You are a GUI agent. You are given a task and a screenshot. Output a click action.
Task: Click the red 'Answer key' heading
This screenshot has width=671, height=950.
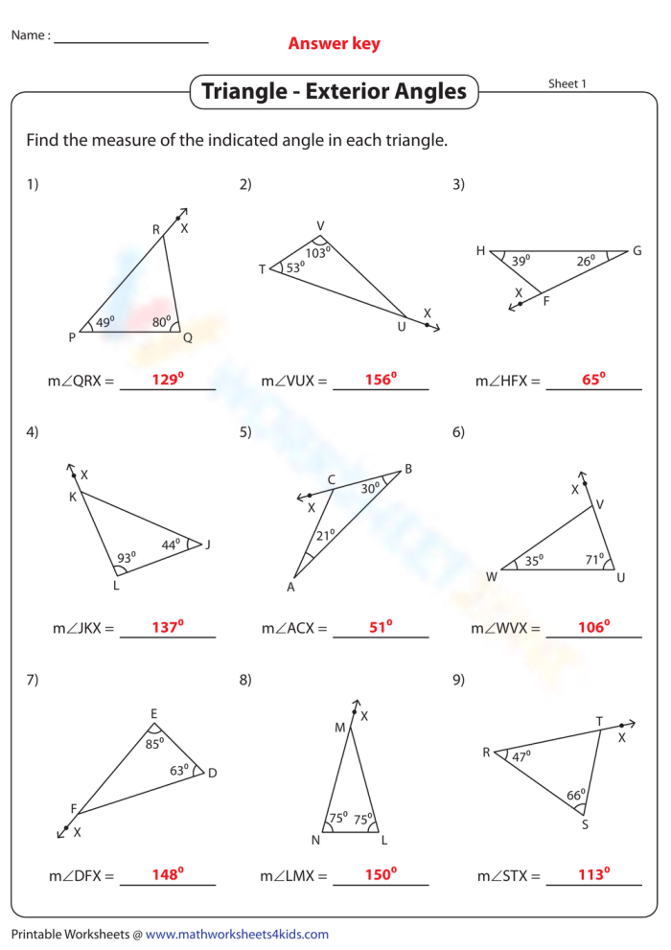[x=334, y=43]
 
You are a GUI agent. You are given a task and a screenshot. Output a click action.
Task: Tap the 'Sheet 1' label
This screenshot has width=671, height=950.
[x=567, y=83]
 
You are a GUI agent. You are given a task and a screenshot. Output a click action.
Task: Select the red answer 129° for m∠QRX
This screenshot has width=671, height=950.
[x=167, y=380]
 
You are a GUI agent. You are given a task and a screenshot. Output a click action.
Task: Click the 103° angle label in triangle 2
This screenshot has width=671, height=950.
[x=317, y=253]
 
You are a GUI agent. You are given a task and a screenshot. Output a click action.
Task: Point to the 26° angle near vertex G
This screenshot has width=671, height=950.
[x=586, y=259]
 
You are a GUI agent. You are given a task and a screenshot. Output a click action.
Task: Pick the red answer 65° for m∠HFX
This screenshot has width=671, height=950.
[x=593, y=380]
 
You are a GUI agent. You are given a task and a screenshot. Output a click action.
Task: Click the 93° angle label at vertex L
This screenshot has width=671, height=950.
[x=127, y=556]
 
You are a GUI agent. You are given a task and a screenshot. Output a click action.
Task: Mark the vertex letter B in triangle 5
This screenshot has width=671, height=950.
[x=408, y=469]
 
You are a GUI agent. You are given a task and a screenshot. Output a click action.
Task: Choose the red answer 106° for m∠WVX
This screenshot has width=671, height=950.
[x=593, y=628]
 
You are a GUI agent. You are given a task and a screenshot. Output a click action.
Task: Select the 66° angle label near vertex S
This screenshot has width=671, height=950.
[x=575, y=795]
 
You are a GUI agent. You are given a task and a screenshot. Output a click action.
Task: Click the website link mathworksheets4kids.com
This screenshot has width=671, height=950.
[x=237, y=934]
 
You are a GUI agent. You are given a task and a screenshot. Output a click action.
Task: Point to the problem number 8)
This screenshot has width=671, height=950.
[x=245, y=680]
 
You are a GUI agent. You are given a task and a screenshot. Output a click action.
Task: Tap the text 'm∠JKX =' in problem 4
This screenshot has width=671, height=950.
[x=82, y=629]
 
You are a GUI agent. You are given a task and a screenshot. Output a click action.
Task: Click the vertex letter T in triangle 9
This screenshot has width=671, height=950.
[x=599, y=721]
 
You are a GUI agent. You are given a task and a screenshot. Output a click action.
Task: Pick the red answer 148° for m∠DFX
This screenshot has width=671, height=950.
[x=167, y=874]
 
